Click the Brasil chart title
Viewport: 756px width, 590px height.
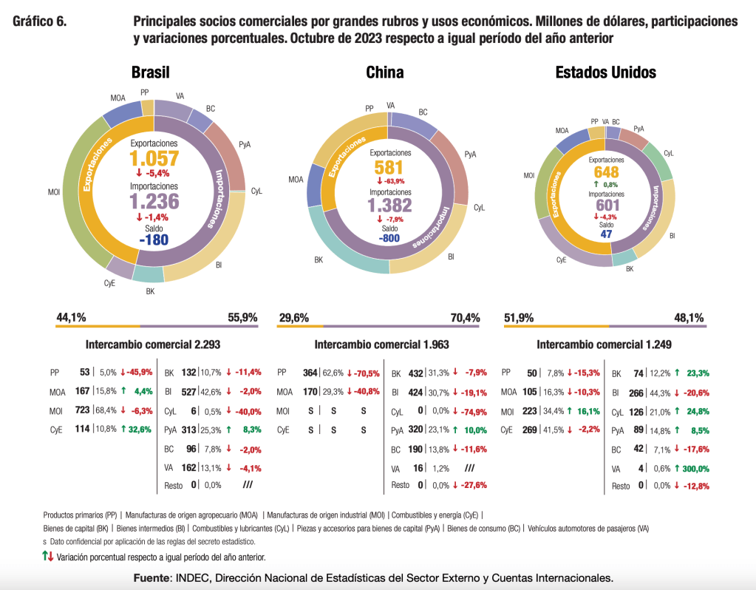tap(151, 72)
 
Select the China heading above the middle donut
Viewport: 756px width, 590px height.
tap(384, 72)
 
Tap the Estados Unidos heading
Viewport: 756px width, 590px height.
tap(605, 72)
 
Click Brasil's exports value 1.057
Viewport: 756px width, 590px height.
tap(154, 158)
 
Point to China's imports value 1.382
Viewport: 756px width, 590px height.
tap(389, 206)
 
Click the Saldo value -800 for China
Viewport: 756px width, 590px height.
tap(389, 239)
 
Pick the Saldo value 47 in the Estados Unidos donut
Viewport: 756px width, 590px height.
tap(606, 234)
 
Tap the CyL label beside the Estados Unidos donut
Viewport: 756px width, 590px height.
tap(669, 153)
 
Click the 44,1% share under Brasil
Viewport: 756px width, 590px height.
tap(71, 317)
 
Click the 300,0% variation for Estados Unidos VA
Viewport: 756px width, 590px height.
tap(692, 468)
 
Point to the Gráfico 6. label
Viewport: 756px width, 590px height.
tap(40, 21)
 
